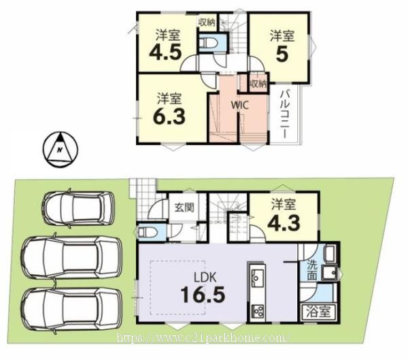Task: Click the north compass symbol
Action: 60,149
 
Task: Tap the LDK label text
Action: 205,278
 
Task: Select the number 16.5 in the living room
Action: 203,295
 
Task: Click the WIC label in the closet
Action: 240,105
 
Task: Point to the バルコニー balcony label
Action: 285,114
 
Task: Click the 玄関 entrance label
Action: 184,208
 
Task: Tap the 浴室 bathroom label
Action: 318,312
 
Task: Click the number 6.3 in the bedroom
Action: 169,116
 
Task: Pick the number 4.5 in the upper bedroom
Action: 165,53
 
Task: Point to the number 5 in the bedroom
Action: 282,54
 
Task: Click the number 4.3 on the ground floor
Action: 284,223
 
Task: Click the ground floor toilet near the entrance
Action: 147,232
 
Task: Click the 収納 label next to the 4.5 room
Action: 207,22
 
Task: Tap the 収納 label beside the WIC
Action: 258,84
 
